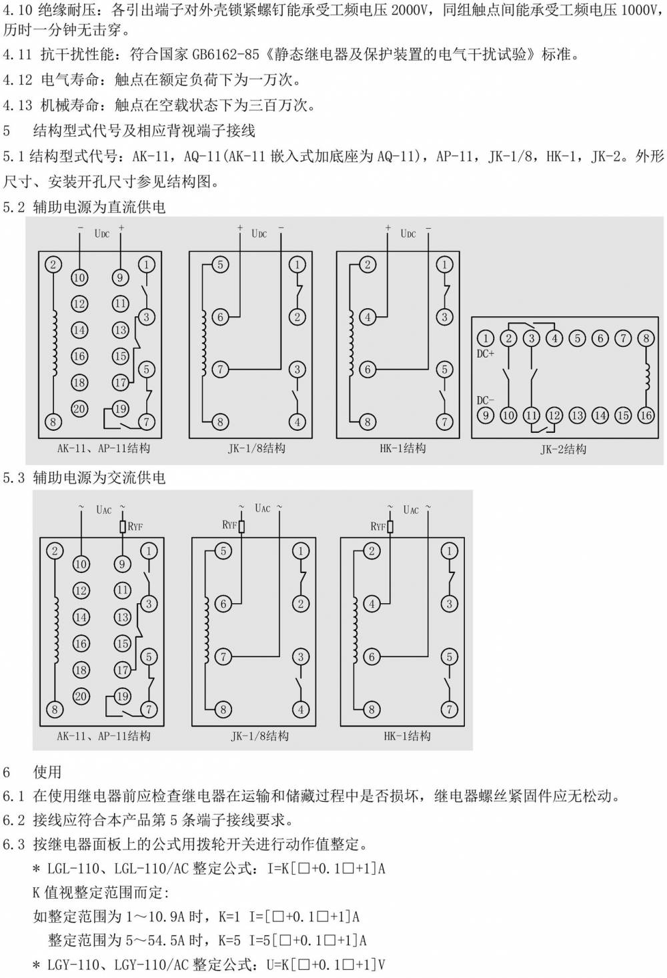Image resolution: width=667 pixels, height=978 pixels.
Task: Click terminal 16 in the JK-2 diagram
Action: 646,415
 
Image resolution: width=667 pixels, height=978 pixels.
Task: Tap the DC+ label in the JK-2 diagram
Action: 486,354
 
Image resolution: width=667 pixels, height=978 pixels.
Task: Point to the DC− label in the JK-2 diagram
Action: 486,400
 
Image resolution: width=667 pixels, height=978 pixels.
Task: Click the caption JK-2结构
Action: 563,449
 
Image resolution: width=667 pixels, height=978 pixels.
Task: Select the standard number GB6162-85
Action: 225,55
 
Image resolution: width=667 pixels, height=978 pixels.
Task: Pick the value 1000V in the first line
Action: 639,10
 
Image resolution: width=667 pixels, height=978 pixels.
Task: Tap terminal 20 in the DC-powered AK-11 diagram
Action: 79,409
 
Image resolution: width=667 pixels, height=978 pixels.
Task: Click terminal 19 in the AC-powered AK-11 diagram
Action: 122,696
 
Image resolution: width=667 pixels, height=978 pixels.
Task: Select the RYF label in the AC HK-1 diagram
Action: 378,526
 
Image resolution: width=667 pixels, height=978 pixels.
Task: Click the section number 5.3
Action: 14,478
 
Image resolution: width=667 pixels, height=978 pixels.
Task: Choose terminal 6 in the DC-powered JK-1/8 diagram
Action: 220,317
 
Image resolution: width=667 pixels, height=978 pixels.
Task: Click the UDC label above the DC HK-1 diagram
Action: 408,233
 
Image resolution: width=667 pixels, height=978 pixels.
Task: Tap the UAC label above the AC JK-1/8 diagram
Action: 262,508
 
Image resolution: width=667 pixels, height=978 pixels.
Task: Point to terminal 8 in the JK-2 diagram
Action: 646,338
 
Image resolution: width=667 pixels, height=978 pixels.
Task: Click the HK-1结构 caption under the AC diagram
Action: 408,736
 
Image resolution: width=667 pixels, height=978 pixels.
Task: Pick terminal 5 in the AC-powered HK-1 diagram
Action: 449,656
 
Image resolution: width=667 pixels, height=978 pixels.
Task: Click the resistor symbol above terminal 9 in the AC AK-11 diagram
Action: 123,526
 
